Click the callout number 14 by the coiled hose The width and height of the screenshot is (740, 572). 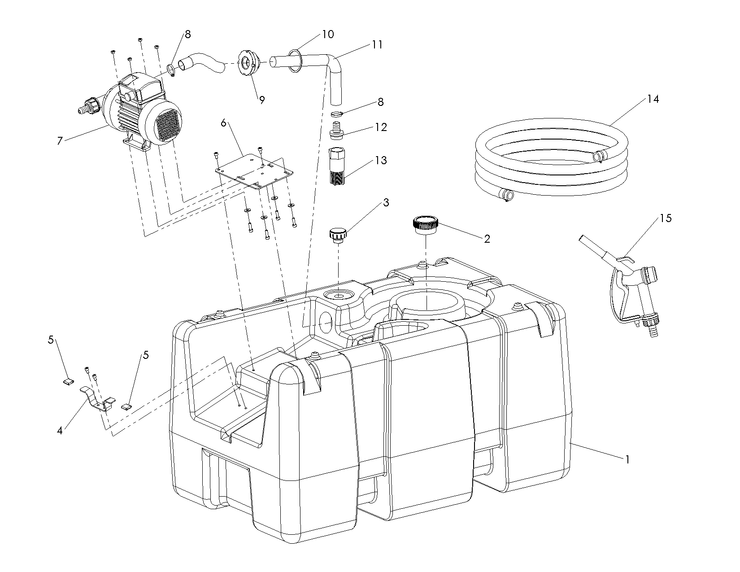click(x=653, y=99)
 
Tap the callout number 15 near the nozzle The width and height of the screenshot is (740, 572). click(x=666, y=218)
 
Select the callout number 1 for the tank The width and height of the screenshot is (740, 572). click(x=627, y=459)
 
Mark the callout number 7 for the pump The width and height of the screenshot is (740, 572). click(x=60, y=141)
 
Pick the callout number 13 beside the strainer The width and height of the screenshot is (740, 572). click(x=380, y=160)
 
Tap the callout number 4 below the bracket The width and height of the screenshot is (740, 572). click(x=60, y=431)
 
